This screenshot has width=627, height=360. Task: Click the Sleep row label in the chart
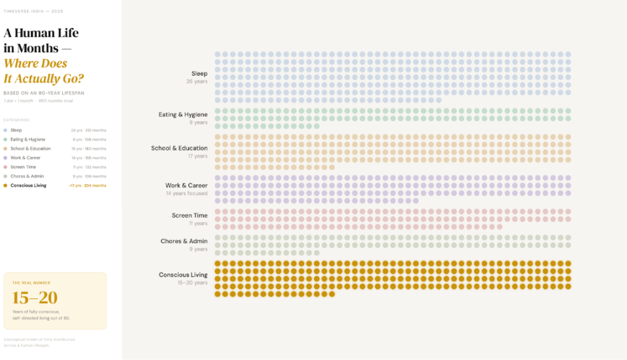pyautogui.click(x=199, y=74)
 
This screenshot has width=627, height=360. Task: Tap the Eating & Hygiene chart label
pyautogui.click(x=183, y=114)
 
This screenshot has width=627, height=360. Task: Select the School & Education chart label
pyautogui.click(x=179, y=148)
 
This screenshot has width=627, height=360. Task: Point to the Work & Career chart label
pyautogui.click(x=187, y=185)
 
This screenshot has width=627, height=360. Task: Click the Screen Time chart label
pyautogui.click(x=189, y=215)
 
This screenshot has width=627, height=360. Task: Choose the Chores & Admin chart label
pyautogui.click(x=184, y=241)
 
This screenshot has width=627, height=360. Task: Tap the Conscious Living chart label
pyautogui.click(x=183, y=275)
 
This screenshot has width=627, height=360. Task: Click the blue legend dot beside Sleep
pyautogui.click(x=6, y=130)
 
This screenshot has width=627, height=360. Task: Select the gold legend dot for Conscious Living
pyautogui.click(x=6, y=185)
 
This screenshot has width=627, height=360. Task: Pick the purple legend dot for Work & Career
pyautogui.click(x=6, y=157)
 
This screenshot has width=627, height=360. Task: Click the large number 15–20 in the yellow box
pyautogui.click(x=35, y=297)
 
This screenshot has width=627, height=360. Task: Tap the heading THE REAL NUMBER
pyautogui.click(x=31, y=283)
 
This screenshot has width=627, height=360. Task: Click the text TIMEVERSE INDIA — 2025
pyautogui.click(x=33, y=11)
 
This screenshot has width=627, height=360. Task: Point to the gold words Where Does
pyautogui.click(x=36, y=63)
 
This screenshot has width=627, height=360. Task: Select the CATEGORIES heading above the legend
pyautogui.click(x=16, y=120)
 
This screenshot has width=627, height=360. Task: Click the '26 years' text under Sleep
pyautogui.click(x=197, y=82)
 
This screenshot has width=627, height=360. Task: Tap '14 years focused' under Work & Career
pyautogui.click(x=187, y=193)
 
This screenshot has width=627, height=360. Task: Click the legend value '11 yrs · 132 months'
pyautogui.click(x=88, y=167)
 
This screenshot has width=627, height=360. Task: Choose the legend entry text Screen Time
pyautogui.click(x=23, y=167)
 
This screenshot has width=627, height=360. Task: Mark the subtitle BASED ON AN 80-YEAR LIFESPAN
pyautogui.click(x=44, y=93)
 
